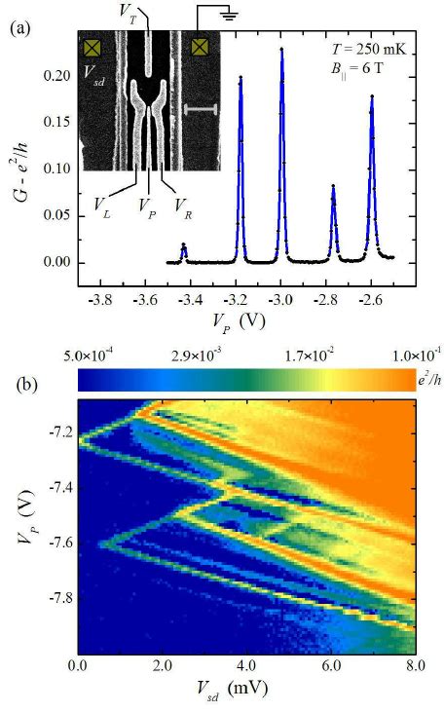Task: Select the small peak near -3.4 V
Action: tap(184, 246)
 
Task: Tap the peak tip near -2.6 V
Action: tap(372, 97)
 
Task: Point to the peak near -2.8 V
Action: tap(333, 187)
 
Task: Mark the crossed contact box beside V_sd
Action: tap(93, 47)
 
